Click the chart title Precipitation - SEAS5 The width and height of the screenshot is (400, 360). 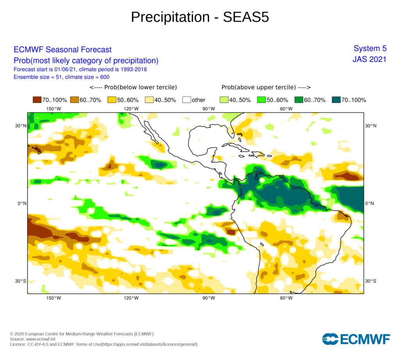click(200, 17)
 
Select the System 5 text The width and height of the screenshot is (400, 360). click(370, 48)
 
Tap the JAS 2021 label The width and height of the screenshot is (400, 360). click(369, 59)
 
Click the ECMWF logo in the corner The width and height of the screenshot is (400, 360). click(356, 339)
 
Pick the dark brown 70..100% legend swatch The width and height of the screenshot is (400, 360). click(37, 100)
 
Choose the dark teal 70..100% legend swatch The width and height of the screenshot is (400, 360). click(336, 100)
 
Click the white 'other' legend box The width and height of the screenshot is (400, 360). click(186, 100)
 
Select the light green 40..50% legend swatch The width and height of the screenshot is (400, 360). click(224, 100)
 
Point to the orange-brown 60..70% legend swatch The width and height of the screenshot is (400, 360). click(74, 100)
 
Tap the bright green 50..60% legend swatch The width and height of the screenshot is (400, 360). click(261, 100)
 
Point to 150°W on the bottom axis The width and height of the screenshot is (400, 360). click(54, 298)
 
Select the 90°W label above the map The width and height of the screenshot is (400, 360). click(209, 109)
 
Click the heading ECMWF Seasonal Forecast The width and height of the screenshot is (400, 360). click(62, 50)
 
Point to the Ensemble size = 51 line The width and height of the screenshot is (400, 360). click(61, 77)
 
